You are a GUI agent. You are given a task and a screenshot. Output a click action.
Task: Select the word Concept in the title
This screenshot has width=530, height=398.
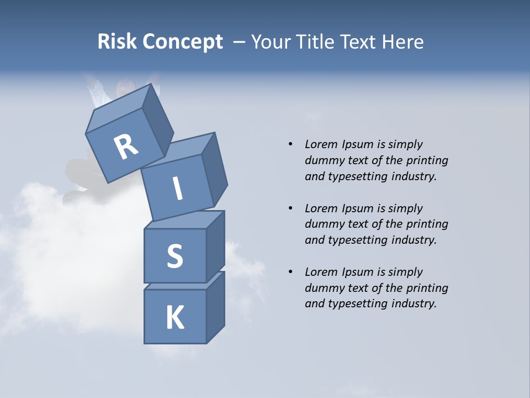(183, 43)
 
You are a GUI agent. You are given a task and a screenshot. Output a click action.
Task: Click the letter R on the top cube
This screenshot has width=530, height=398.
(126, 146)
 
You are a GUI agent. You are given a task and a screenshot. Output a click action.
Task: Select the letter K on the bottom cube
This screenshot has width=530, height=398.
(174, 318)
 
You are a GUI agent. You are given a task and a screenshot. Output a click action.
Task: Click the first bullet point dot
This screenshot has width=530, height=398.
(290, 144)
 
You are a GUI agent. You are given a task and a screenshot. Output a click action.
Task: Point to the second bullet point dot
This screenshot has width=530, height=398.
(290, 208)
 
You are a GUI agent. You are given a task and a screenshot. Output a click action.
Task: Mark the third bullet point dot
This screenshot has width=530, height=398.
(290, 272)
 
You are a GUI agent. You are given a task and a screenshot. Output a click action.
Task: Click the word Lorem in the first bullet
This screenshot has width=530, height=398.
(320, 144)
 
